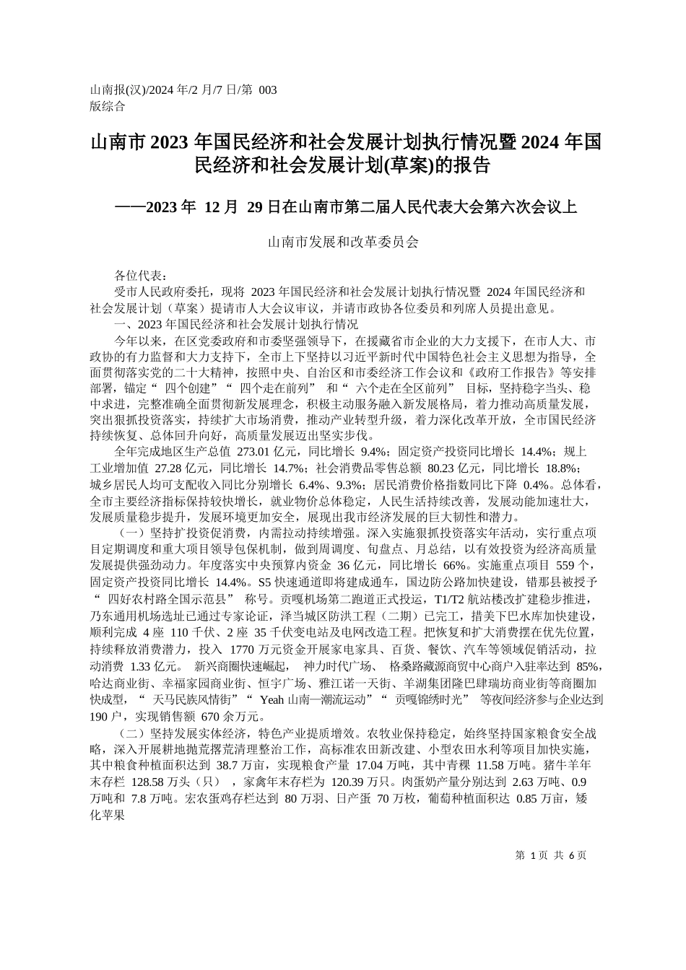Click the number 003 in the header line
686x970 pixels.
[x=267, y=90]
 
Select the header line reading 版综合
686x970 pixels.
[x=107, y=106]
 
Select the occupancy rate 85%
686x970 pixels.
[x=589, y=665]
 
